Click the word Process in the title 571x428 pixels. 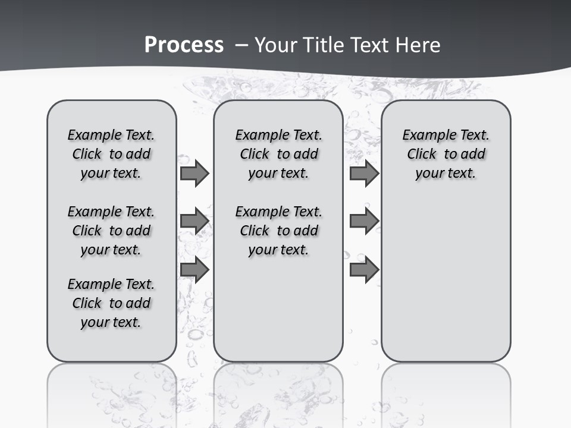tap(184, 45)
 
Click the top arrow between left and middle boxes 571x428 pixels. tap(194, 174)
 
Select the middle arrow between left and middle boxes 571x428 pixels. tap(194, 221)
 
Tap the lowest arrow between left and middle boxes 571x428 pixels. tap(194, 270)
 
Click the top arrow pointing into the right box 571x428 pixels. tap(364, 174)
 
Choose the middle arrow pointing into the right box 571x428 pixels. tap(364, 221)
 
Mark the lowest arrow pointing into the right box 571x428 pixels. tap(364, 270)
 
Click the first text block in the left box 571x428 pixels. tap(111, 154)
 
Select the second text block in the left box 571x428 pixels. tap(111, 231)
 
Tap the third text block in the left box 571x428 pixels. tap(111, 303)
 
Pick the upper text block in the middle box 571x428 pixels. tap(278, 154)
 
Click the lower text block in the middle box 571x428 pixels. tap(278, 231)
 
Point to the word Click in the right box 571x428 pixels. tap(422, 155)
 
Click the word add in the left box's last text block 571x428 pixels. tap(138, 303)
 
